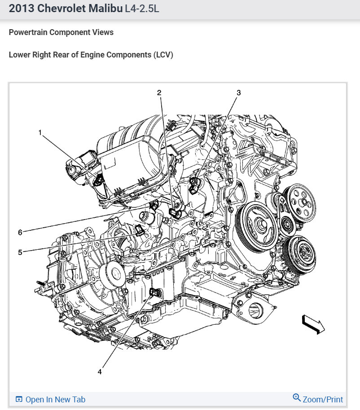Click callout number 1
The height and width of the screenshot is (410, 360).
40,132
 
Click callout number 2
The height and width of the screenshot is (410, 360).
159,93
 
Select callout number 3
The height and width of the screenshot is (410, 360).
238,93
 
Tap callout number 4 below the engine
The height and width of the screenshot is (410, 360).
100,371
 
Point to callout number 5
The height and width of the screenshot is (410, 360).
20,252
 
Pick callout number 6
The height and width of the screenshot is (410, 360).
20,232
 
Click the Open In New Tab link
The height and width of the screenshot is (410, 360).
55,399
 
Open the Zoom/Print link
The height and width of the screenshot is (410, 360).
323,399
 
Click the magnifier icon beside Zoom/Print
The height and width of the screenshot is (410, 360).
297,398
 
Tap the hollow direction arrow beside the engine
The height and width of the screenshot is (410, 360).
313,324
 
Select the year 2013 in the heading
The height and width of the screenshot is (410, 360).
20,9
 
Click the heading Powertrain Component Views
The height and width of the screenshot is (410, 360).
61,32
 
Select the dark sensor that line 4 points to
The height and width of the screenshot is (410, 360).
154,292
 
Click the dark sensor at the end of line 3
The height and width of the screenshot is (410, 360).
195,183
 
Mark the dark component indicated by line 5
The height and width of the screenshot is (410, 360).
140,231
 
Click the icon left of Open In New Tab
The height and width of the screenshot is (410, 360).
19,399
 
